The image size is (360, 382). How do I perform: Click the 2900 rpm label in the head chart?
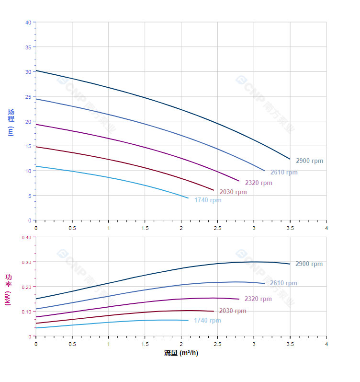[x=309, y=161]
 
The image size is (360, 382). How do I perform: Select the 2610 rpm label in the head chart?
[x=284, y=173]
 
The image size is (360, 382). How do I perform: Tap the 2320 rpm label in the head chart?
[x=259, y=183]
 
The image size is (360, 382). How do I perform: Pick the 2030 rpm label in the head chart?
[x=233, y=192]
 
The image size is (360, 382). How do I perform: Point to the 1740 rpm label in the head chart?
[x=208, y=200]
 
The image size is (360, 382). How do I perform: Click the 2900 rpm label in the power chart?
[x=309, y=264]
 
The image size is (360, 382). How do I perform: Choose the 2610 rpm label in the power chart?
[x=283, y=283]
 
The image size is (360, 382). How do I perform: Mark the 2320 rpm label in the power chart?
[x=258, y=299]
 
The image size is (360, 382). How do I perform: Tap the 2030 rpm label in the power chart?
[x=233, y=311]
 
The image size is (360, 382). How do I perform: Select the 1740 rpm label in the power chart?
[x=207, y=321]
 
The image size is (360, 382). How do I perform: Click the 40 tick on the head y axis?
[x=28, y=23]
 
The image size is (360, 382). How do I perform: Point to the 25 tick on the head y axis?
[x=28, y=97]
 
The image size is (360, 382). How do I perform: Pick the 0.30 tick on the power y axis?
[x=26, y=262]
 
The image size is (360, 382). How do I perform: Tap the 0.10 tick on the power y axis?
[x=26, y=312]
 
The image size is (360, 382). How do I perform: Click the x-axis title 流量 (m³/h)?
[x=181, y=353]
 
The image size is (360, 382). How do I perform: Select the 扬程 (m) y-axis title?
[x=11, y=122]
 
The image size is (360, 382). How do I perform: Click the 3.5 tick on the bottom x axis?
[x=290, y=344]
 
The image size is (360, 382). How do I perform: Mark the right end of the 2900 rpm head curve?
[x=290, y=159]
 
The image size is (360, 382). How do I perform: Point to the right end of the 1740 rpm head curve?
[x=188, y=198]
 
